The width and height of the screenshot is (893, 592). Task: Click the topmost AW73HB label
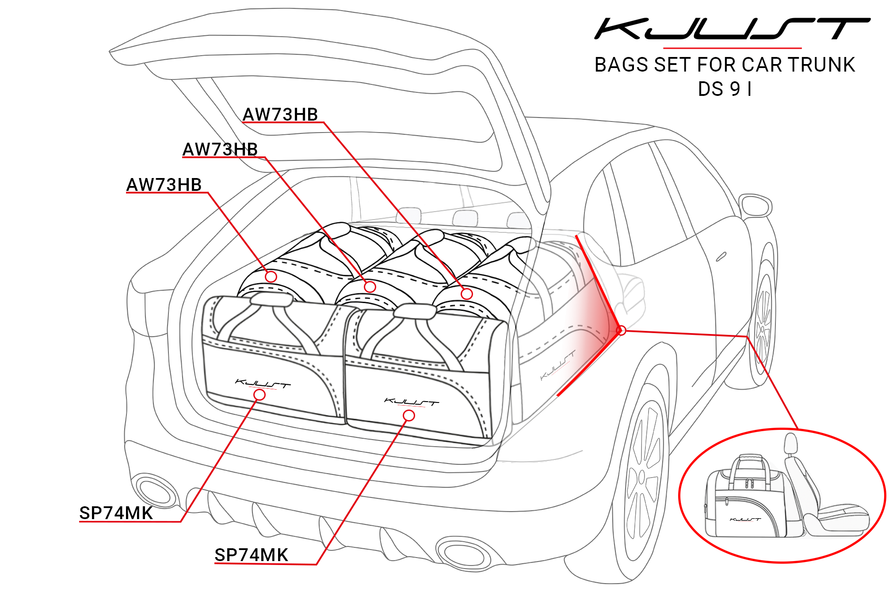click(280, 114)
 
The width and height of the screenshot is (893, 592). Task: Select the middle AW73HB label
click(220, 149)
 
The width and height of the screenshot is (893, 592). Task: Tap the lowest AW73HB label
click(164, 185)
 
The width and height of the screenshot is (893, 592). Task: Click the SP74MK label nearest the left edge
click(116, 513)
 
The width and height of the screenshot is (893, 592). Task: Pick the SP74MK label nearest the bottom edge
click(251, 555)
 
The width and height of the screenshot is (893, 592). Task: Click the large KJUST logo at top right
click(732, 29)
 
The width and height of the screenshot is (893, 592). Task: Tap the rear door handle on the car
click(721, 257)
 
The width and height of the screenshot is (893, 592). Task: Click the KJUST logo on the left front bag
click(263, 384)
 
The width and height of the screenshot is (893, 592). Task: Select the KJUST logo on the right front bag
click(411, 402)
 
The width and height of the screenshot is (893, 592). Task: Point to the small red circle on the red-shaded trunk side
click(621, 330)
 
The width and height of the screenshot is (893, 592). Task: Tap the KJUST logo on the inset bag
click(745, 519)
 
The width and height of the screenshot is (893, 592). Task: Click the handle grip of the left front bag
click(271, 300)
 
